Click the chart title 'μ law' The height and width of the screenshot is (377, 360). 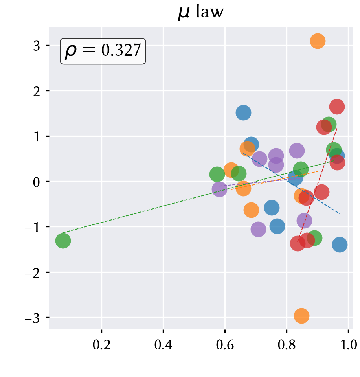click(x=201, y=12)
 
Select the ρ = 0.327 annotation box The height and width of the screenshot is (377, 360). click(x=103, y=51)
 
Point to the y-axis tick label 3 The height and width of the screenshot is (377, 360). click(x=37, y=46)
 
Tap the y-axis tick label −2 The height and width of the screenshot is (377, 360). click(x=33, y=272)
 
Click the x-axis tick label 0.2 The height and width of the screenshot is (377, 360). click(x=102, y=345)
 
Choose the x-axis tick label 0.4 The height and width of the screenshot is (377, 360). click(x=163, y=345)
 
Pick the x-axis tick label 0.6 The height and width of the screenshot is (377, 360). click(x=225, y=345)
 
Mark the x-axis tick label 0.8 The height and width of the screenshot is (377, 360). click(x=287, y=345)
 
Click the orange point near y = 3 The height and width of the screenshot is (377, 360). click(x=318, y=41)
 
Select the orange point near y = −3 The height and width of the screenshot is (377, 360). click(x=301, y=316)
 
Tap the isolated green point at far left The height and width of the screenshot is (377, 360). click(x=63, y=241)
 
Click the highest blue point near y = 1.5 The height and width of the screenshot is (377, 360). click(x=243, y=112)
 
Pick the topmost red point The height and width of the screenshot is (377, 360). click(x=337, y=107)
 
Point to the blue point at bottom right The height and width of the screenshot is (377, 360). click(x=340, y=245)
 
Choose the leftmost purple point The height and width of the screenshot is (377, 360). click(x=219, y=189)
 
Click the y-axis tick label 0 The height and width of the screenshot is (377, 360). click(x=37, y=182)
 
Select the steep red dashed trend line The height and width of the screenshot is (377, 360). click(x=317, y=185)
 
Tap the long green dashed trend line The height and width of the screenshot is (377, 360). click(x=198, y=197)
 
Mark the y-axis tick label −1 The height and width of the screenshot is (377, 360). click(x=33, y=227)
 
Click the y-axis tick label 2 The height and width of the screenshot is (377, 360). click(x=37, y=91)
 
